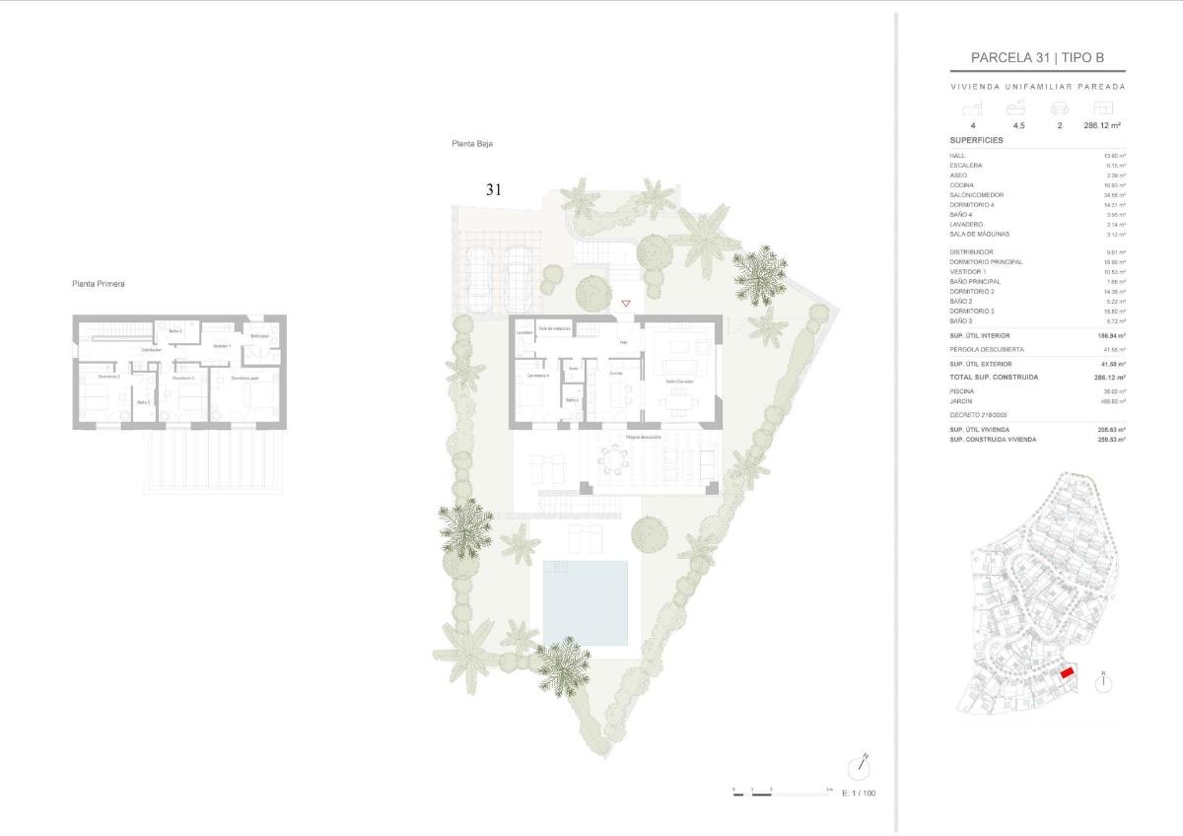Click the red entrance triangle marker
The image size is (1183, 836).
[625, 304]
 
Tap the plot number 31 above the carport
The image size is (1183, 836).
[494, 189]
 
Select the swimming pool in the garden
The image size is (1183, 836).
[585, 603]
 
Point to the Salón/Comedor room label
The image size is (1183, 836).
[678, 382]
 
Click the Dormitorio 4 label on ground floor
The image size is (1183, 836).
[537, 376]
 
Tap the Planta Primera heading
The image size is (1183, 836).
[99, 284]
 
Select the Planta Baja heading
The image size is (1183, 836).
[472, 144]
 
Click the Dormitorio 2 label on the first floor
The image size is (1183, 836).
[183, 378]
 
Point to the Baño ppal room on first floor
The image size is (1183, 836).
[260, 336]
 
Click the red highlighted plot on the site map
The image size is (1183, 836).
[1067, 673]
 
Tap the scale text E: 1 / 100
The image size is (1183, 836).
[858, 793]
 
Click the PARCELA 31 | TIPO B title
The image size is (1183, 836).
[1037, 58]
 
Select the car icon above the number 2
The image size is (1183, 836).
[1060, 108]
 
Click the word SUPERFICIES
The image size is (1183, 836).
[976, 141]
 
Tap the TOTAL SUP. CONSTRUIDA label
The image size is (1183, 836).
[994, 378]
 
